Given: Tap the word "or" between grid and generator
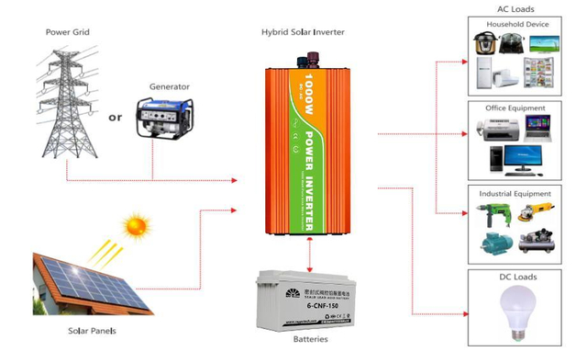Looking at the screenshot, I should [x=115, y=117].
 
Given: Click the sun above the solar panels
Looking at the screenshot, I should [x=137, y=224].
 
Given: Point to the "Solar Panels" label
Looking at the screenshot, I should [x=91, y=330].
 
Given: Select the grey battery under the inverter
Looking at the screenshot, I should [x=306, y=298].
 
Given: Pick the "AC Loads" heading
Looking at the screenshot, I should [x=515, y=9].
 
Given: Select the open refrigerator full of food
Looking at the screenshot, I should [x=538, y=73].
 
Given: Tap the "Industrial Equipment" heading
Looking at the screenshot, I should [x=515, y=194].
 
